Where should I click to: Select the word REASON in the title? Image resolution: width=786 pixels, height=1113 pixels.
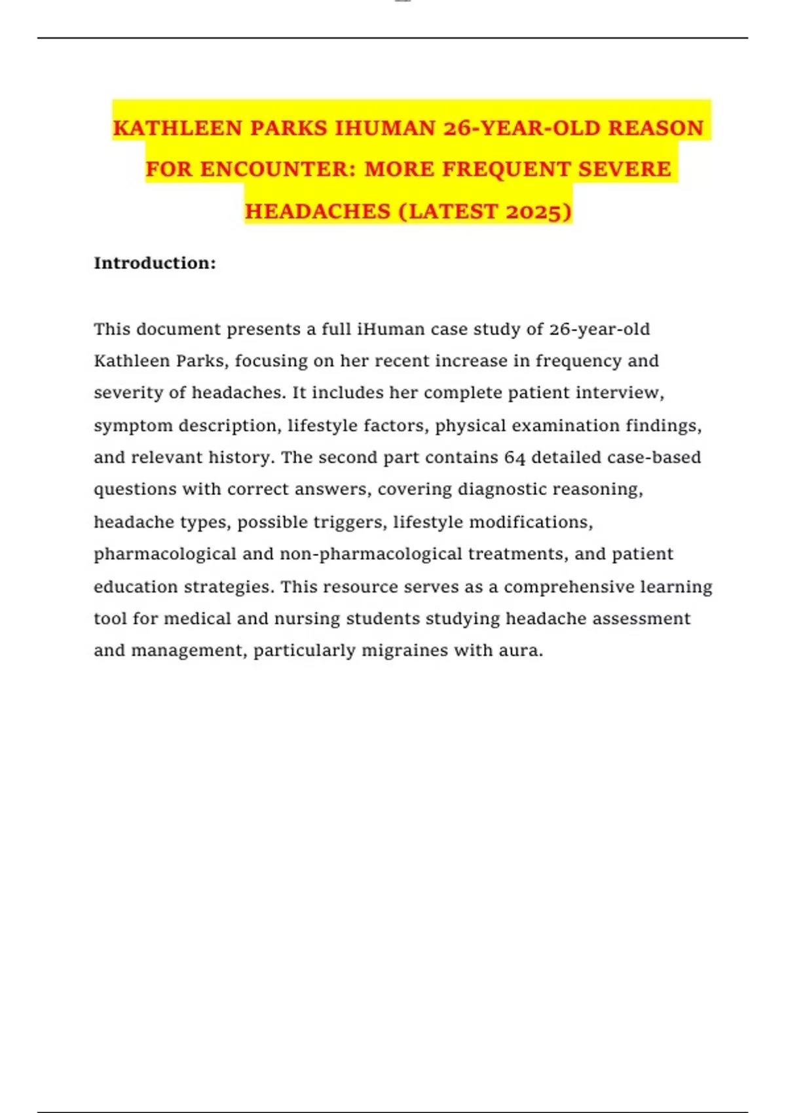pos(656,128)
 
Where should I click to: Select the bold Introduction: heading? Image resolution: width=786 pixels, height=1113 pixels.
pos(155,263)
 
